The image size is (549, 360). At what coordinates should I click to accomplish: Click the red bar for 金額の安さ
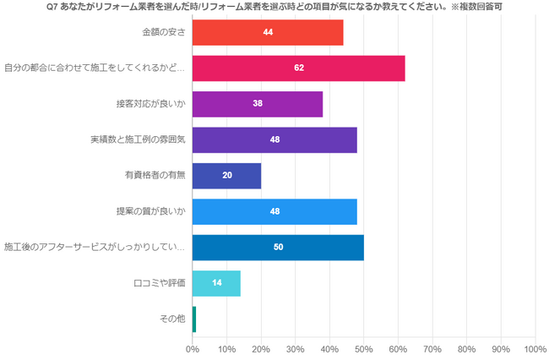click(x=268, y=32)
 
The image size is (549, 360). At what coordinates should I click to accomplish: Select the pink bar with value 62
click(x=298, y=68)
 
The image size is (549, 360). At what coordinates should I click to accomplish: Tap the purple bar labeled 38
click(x=258, y=104)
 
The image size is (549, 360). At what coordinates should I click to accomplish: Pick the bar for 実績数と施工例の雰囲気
click(x=274, y=139)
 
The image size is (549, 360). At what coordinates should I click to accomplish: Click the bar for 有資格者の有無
click(x=226, y=176)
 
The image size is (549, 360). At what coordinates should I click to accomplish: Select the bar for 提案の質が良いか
click(x=274, y=211)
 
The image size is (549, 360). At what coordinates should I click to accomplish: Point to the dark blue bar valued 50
click(x=278, y=247)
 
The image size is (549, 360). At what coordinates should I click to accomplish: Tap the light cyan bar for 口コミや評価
click(x=216, y=282)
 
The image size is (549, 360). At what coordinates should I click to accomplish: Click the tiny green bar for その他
click(x=194, y=319)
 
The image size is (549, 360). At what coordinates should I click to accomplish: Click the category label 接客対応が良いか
click(x=150, y=104)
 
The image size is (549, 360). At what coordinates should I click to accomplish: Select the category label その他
click(x=171, y=319)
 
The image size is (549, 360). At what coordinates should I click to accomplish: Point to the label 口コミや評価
click(x=160, y=282)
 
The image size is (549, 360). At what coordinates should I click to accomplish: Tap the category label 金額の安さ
click(x=163, y=32)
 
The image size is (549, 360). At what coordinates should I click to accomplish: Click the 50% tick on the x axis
click(x=364, y=348)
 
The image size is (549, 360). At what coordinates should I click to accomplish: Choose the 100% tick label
click(x=535, y=348)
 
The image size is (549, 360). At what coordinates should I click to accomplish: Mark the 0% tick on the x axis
click(x=193, y=348)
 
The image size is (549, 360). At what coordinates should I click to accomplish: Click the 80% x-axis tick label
click(x=466, y=348)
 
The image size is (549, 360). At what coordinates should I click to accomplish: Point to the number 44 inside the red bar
click(x=268, y=32)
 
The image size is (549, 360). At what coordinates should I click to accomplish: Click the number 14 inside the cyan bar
click(x=217, y=282)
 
